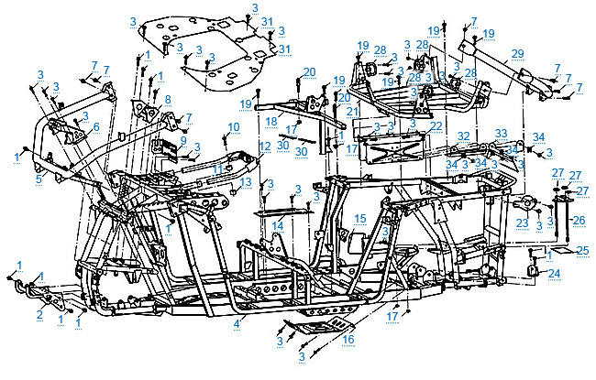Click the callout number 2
pyautogui.click(x=39, y=314)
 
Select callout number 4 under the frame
pyautogui.click(x=237, y=323)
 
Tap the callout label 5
pyautogui.click(x=39, y=180)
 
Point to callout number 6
pyautogui.click(x=95, y=126)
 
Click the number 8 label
pyautogui.click(x=167, y=99)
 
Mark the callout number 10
pyautogui.click(x=234, y=126)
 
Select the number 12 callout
pyautogui.click(x=264, y=147)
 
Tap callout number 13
pyautogui.click(x=245, y=183)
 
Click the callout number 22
pyautogui.click(x=436, y=125)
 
